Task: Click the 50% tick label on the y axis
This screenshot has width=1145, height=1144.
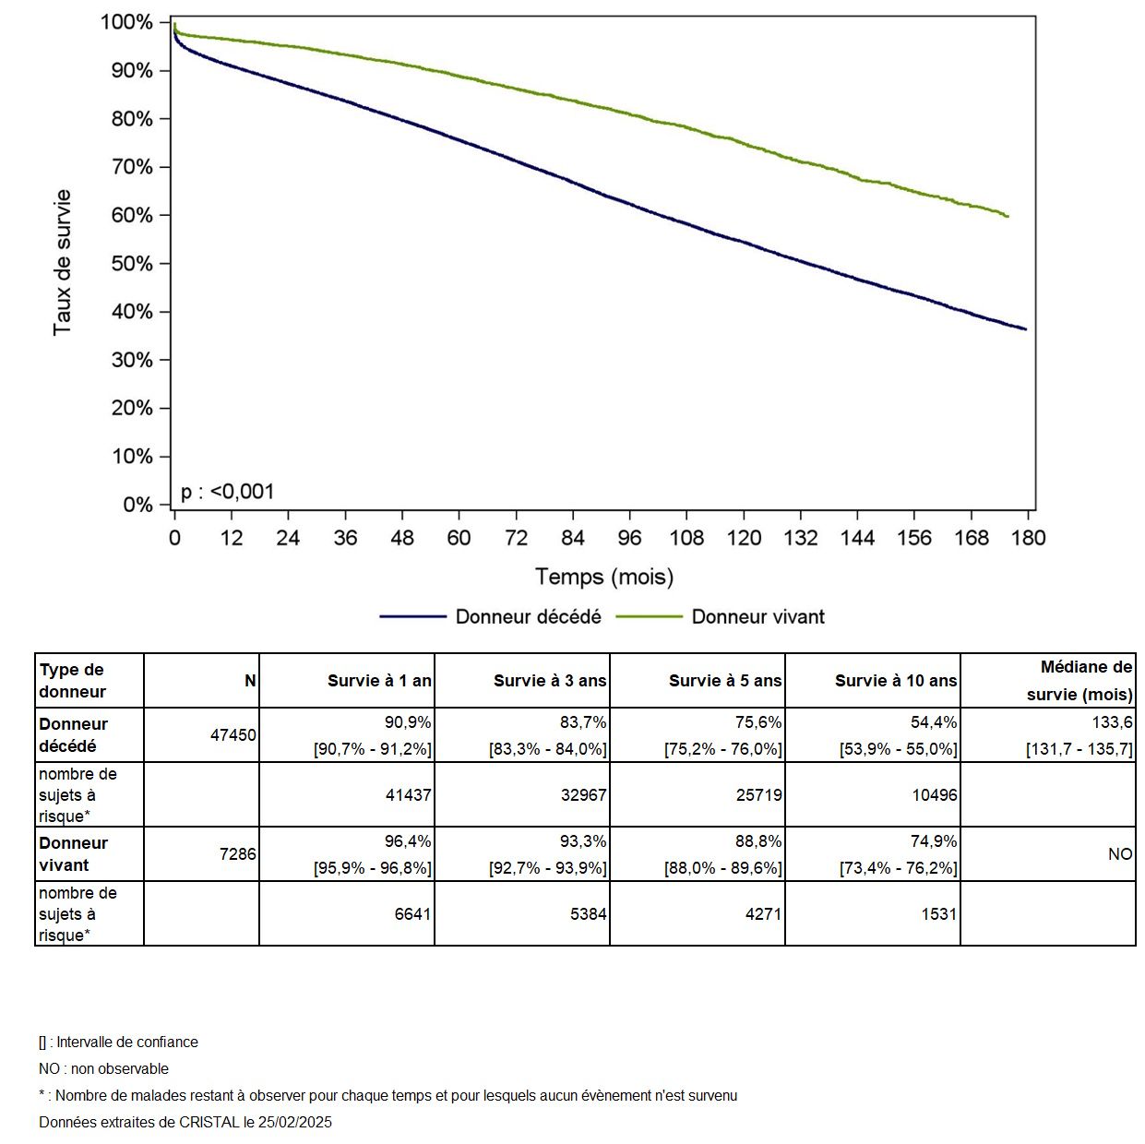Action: [x=132, y=264]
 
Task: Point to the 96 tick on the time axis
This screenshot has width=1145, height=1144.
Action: [x=629, y=538]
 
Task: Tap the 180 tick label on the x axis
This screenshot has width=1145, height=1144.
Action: [x=1028, y=538]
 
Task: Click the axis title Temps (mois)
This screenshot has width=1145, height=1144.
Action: [x=604, y=578]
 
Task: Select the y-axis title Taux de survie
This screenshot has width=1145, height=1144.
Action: [x=62, y=263]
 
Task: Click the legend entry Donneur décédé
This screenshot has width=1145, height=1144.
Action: [x=528, y=617]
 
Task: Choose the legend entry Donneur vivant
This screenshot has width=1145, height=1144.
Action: [x=757, y=617]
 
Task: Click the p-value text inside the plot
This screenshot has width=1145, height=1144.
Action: [x=228, y=492]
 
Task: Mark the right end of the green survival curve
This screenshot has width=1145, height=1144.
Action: [x=1008, y=217]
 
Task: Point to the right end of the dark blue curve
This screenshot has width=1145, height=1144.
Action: [x=1025, y=329]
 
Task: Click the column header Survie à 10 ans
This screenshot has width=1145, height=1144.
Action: [x=895, y=681]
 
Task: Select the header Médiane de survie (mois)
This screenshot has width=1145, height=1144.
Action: [x=1079, y=681]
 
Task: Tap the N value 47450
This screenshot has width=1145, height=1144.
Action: [x=233, y=735]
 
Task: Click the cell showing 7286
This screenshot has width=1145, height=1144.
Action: [x=237, y=854]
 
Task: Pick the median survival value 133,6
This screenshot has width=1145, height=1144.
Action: [x=1111, y=722]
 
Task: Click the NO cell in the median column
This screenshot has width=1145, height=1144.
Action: [x=1119, y=854]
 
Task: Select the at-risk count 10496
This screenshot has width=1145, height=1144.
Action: [x=935, y=794]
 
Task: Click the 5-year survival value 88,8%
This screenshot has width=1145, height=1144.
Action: [x=757, y=841]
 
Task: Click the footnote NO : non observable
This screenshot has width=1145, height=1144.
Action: [x=103, y=1069]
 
